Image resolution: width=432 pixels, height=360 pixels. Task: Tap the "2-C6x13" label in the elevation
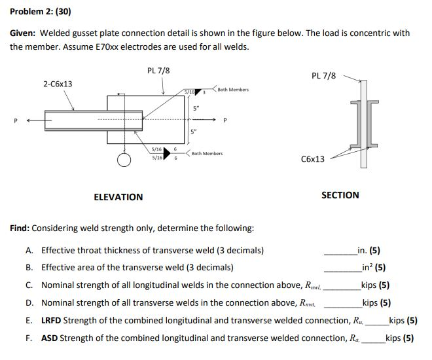coord(58,84)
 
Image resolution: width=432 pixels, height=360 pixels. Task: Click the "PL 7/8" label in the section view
coord(324,75)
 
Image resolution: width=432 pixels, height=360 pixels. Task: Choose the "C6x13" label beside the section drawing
coord(312,159)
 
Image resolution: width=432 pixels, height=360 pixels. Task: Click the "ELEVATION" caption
coord(118,196)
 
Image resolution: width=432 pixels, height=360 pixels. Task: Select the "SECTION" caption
coord(340,194)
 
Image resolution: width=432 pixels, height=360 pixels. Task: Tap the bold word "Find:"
coord(20,228)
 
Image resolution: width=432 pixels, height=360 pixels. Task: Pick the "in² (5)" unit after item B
coord(371,267)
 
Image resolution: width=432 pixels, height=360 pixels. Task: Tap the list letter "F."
coord(29,338)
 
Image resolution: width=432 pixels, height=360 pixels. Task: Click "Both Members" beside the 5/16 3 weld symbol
coord(233,90)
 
